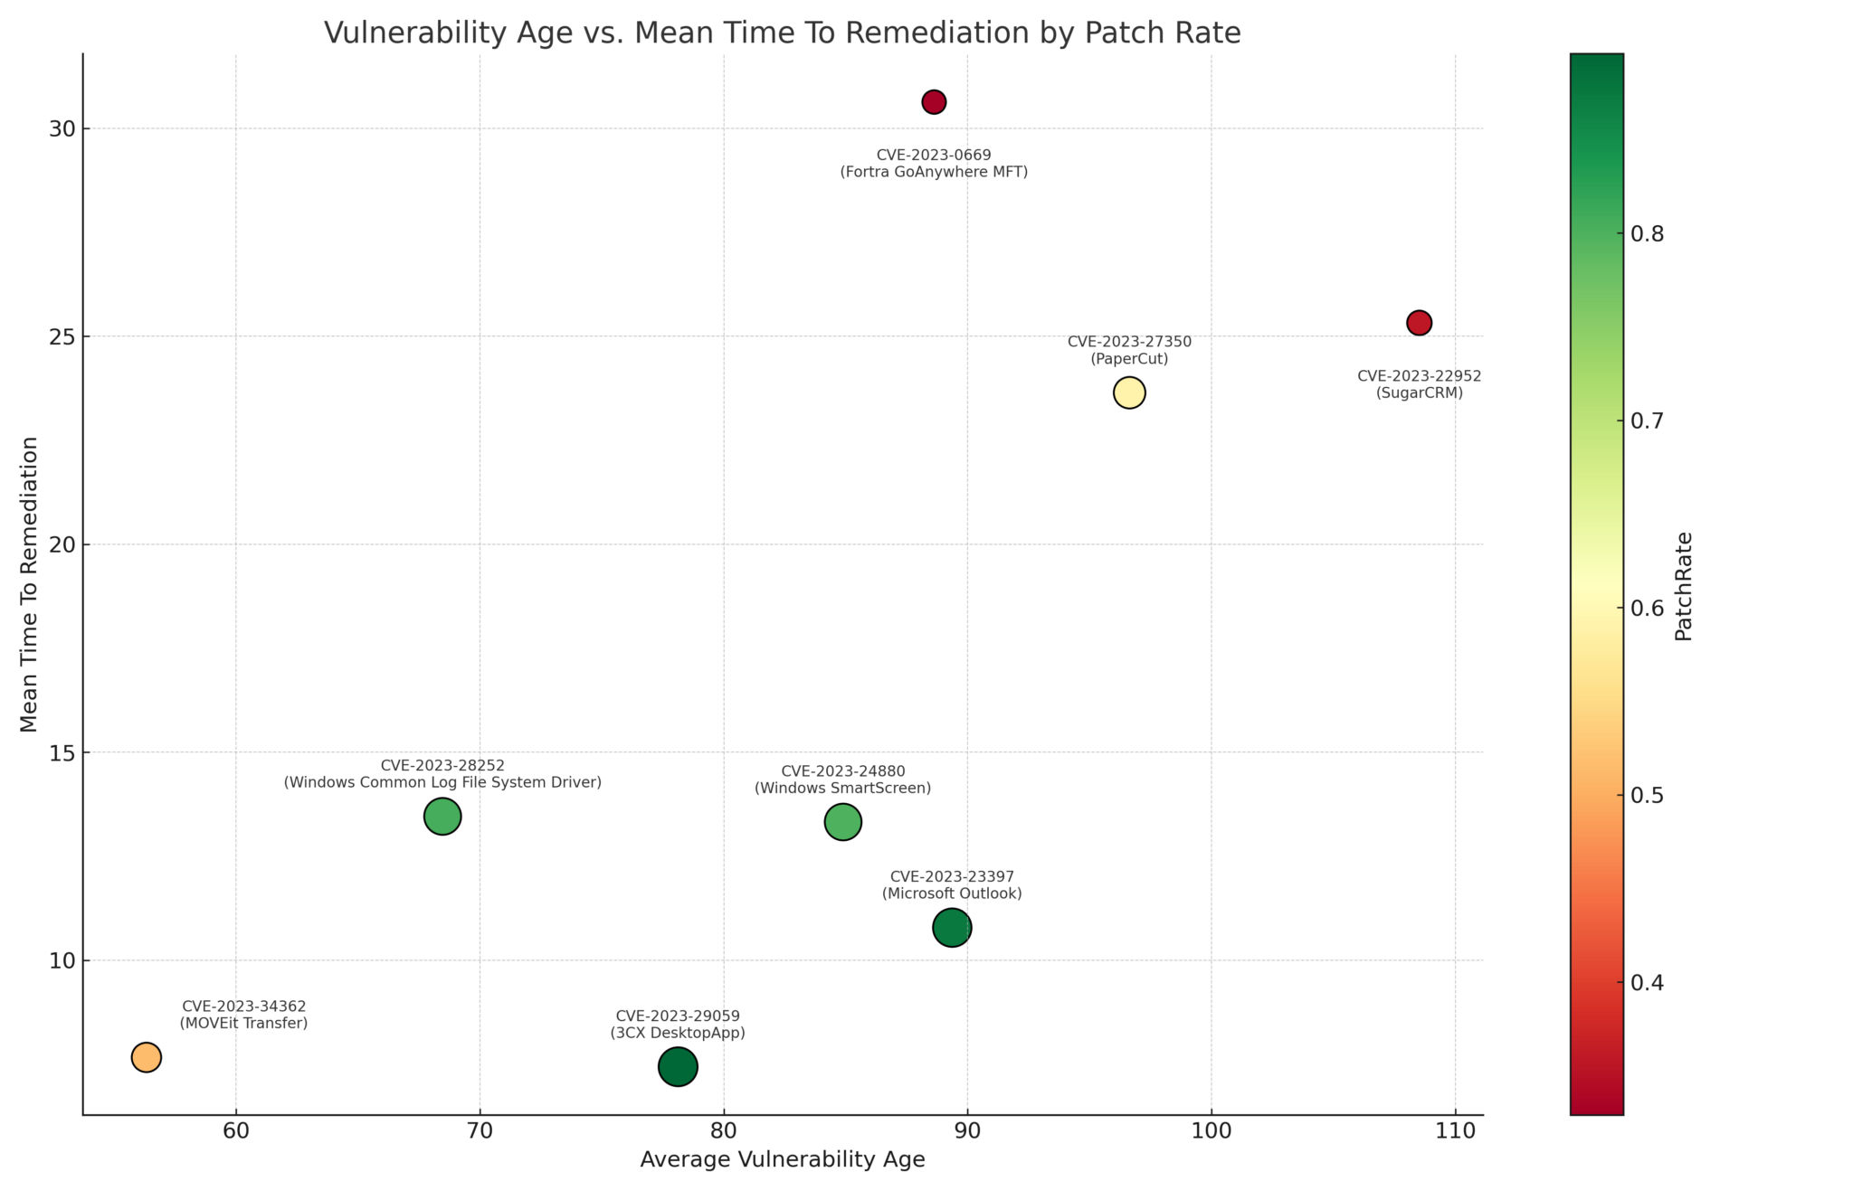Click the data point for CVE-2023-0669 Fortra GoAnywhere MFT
[x=934, y=102]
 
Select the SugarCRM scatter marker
[x=1419, y=323]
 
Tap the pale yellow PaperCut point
[x=1129, y=392]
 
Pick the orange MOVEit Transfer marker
[x=147, y=1057]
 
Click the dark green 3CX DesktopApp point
[x=678, y=1067]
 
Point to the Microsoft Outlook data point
[x=952, y=928]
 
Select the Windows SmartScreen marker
[x=842, y=822]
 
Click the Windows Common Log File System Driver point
[x=442, y=817]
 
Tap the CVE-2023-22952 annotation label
[x=1419, y=376]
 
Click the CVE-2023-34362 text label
[x=244, y=1007]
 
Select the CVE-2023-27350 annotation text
[x=1129, y=342]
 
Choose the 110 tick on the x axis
[x=1455, y=1131]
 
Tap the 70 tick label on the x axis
[x=480, y=1131]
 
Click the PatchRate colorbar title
[x=1683, y=586]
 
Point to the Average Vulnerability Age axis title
[x=782, y=1160]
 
